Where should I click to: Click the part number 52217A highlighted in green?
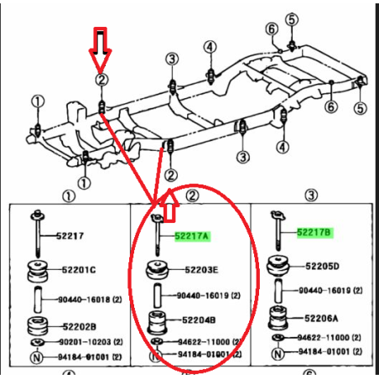pyautogui.click(x=192, y=236)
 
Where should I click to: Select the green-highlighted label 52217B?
pyautogui.click(x=314, y=232)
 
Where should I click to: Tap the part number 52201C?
pyautogui.click(x=79, y=270)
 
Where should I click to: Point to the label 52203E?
pyautogui.click(x=201, y=270)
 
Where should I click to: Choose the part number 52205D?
pyautogui.click(x=322, y=267)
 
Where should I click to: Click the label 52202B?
pyautogui.click(x=80, y=327)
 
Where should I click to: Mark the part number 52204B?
pyautogui.click(x=199, y=320)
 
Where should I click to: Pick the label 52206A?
pyautogui.click(x=321, y=319)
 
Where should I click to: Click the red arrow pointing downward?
pyautogui.click(x=101, y=50)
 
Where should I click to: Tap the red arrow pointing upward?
pyautogui.click(x=169, y=205)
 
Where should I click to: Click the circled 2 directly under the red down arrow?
pyautogui.click(x=101, y=80)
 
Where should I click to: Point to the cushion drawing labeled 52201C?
pyautogui.click(x=38, y=271)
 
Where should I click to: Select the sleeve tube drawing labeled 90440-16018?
pyautogui.click(x=38, y=299)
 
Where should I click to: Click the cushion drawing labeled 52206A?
pyautogui.click(x=278, y=318)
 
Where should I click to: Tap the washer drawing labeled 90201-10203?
pyautogui.click(x=37, y=342)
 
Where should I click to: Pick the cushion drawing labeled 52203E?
pyautogui.click(x=158, y=270)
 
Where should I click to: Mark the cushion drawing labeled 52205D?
pyautogui.click(x=278, y=266)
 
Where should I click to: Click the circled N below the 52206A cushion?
pyautogui.click(x=278, y=354)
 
